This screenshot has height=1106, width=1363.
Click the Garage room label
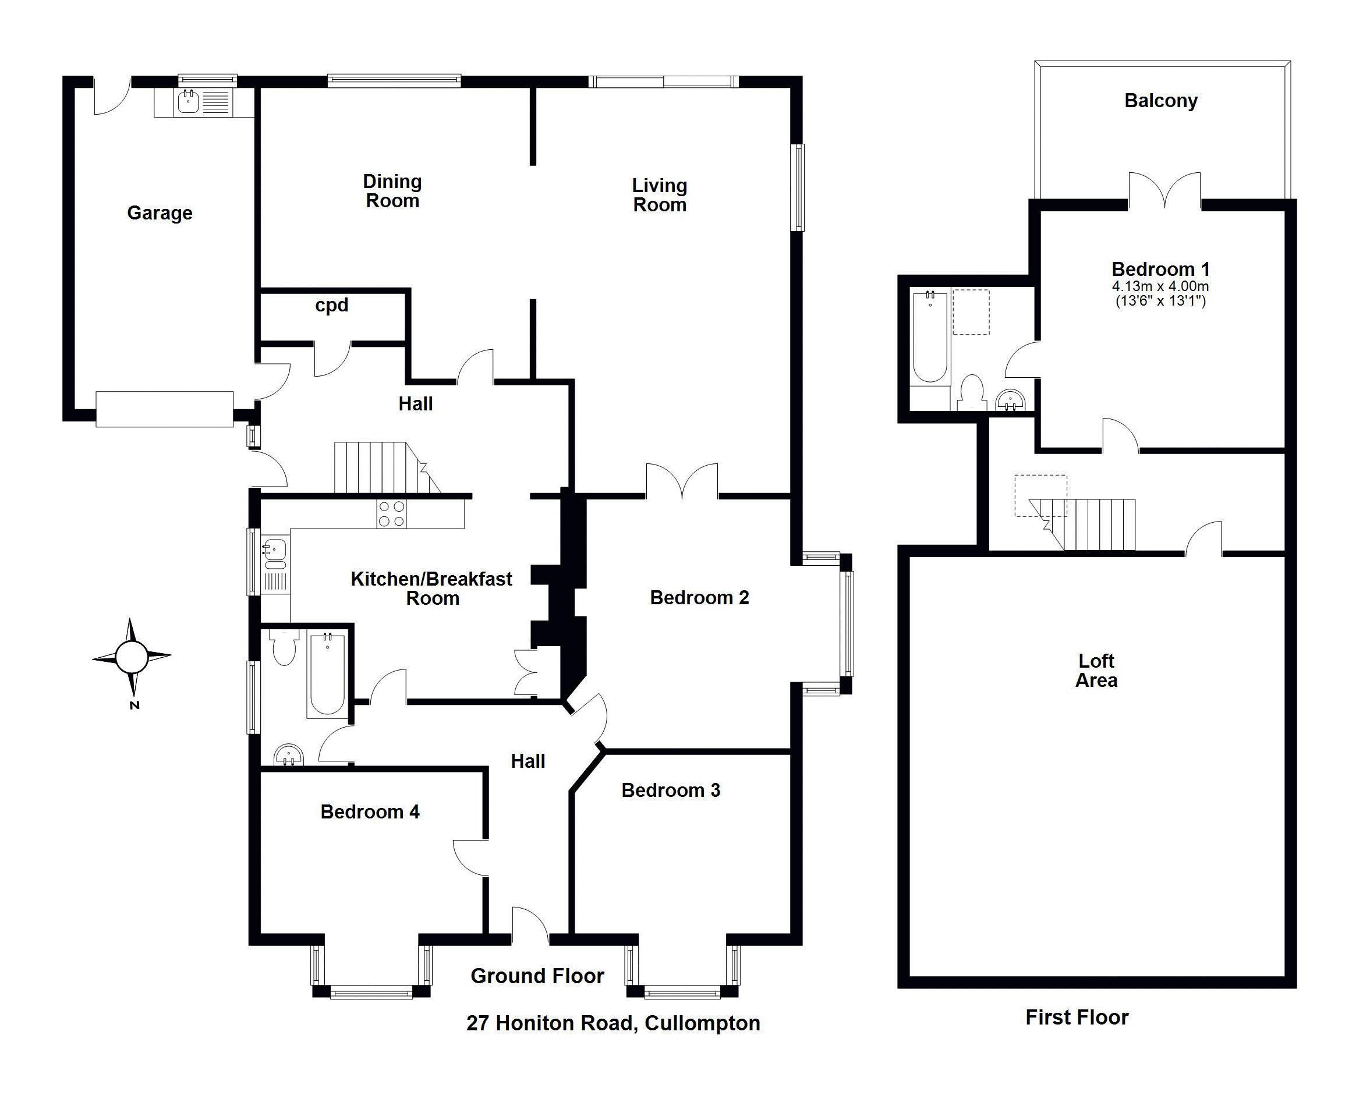click(x=160, y=213)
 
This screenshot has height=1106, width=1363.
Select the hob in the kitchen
click(x=391, y=514)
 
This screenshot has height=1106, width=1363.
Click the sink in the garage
click(x=187, y=101)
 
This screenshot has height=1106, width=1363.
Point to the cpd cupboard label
click(x=331, y=305)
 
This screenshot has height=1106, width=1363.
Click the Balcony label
click(x=1160, y=101)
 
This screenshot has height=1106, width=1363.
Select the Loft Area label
click(x=1096, y=671)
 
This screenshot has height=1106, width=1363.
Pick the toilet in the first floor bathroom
click(x=971, y=391)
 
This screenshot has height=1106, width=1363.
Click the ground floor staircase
click(x=383, y=468)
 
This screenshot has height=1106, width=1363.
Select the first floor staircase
click(x=1089, y=524)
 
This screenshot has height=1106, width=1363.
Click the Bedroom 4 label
click(x=370, y=811)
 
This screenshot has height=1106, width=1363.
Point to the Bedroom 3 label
click(x=670, y=790)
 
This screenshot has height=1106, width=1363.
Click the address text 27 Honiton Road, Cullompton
click(x=613, y=1023)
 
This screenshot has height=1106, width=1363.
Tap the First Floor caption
click(x=1077, y=1018)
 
